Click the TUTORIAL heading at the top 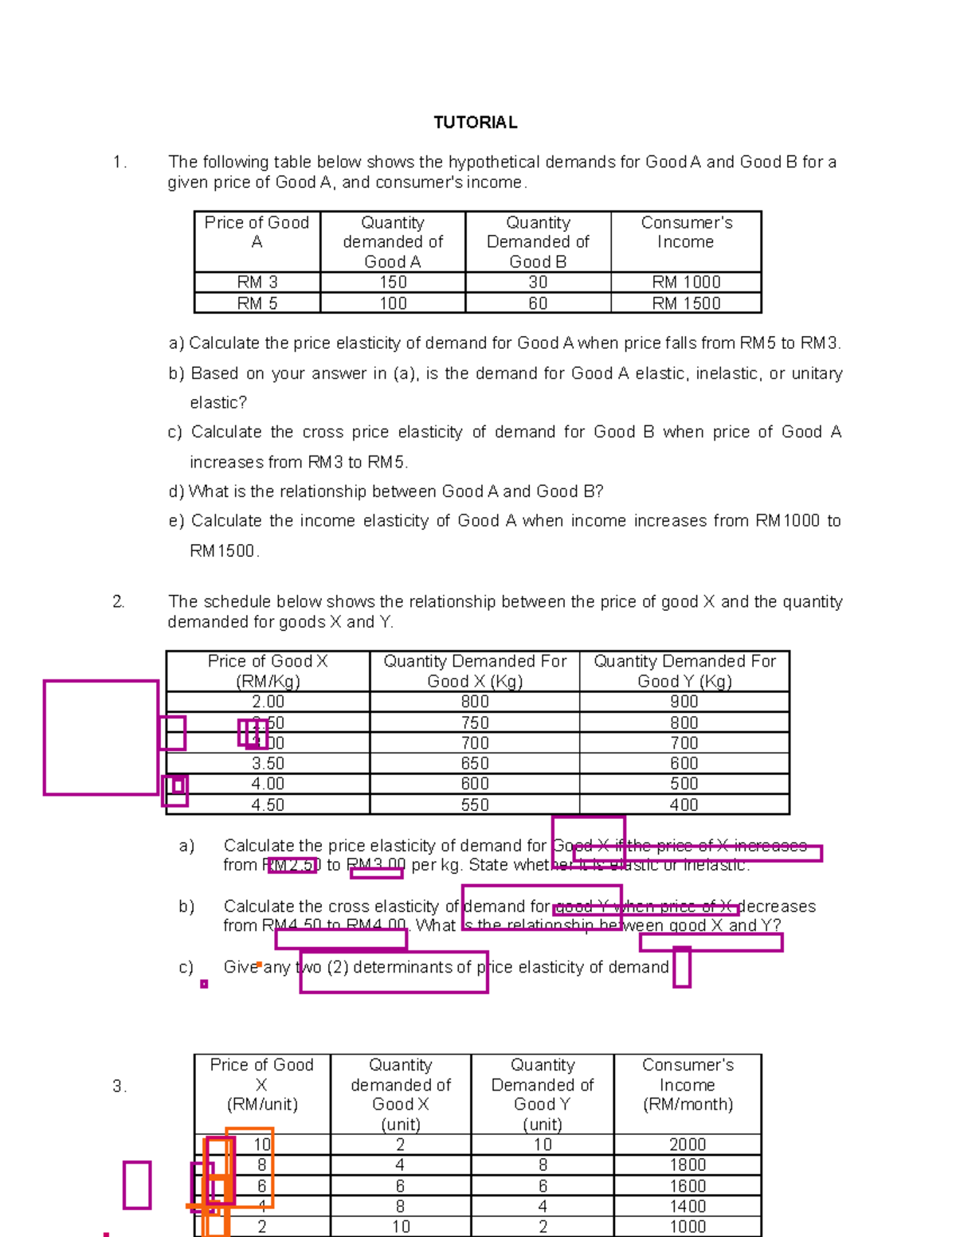click(476, 123)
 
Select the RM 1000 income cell click(686, 283)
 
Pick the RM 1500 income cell click(686, 303)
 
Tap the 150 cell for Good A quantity click(393, 283)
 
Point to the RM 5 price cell click(257, 303)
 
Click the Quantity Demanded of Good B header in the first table click(538, 242)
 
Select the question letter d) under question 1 click(176, 492)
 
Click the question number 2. click(119, 602)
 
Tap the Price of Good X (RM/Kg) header click(268, 671)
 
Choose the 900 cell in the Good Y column click(684, 702)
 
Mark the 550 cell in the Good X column click(475, 805)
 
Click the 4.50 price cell click(268, 805)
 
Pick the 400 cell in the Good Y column click(684, 805)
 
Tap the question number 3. click(119, 1087)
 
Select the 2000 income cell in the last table click(687, 1145)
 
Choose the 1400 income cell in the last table click(687, 1207)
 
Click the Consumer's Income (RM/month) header click(688, 1085)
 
